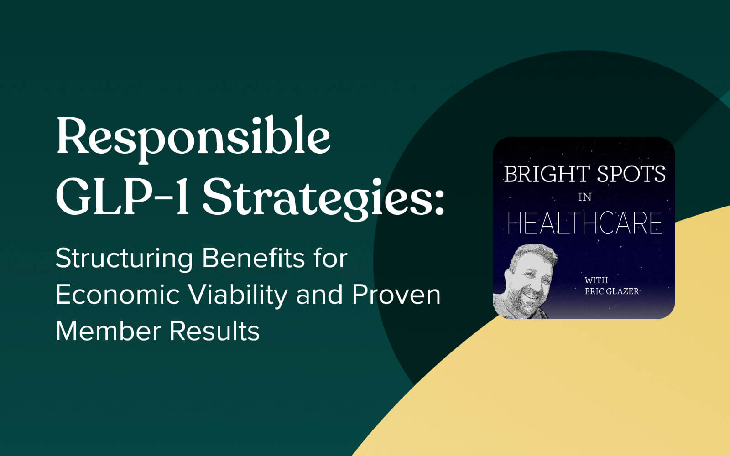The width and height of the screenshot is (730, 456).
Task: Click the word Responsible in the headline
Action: coord(193,140)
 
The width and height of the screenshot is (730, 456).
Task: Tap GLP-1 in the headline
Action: coord(123,197)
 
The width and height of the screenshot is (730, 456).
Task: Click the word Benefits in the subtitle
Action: coord(253,258)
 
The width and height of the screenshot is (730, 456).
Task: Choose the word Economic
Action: coord(118,295)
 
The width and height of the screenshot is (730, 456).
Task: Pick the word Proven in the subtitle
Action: coord(396,295)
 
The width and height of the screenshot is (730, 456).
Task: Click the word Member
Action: coord(108,331)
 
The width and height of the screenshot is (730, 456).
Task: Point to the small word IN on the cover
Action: coord(584,197)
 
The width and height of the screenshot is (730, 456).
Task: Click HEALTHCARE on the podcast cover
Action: coord(585,223)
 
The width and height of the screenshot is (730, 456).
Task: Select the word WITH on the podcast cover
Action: coord(596,280)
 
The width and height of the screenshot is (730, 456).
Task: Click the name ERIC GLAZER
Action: coord(612,291)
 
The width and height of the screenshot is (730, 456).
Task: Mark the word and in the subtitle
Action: coord(319,295)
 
